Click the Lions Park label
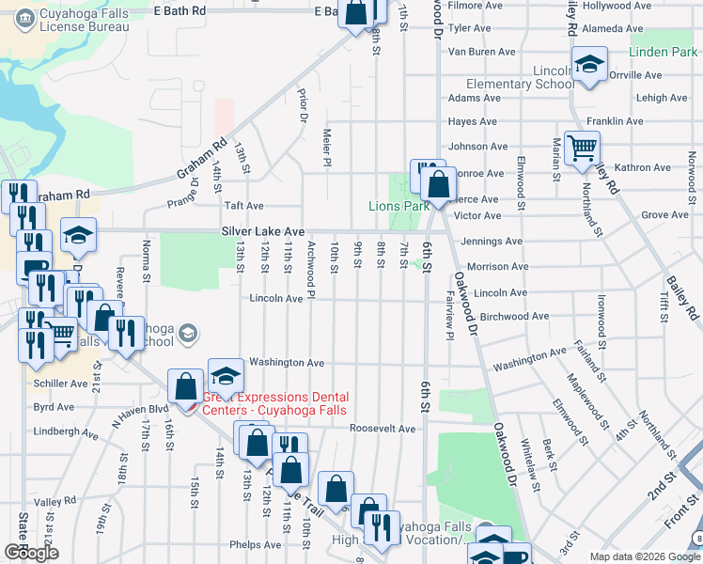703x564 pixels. [398, 206]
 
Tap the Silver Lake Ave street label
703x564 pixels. [263, 230]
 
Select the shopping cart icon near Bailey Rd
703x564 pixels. [582, 148]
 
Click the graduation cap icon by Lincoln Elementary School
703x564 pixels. [589, 66]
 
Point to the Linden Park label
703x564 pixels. [663, 52]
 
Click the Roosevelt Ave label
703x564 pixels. [383, 429]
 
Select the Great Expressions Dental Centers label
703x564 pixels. [274, 403]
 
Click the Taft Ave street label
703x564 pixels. [243, 205]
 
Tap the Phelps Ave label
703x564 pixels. [256, 544]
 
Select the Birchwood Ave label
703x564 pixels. [513, 317]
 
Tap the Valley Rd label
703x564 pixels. [55, 503]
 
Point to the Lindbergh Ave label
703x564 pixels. [66, 435]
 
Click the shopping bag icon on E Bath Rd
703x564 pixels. [357, 13]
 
